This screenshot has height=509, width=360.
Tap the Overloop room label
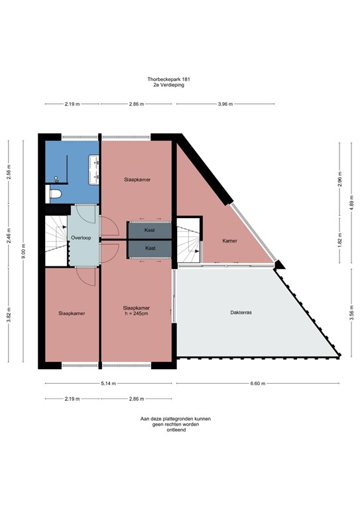click(x=79, y=237)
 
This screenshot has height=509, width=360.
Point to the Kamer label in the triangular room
click(x=229, y=241)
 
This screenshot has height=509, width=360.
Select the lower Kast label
click(x=150, y=248)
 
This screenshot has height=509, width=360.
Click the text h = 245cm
click(x=135, y=313)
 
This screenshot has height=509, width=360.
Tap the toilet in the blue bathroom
click(x=56, y=194)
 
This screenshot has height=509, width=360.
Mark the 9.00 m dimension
click(x=23, y=249)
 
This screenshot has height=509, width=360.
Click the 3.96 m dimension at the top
click(x=226, y=105)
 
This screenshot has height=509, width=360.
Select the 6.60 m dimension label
click(x=259, y=384)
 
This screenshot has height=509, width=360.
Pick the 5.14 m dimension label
click(x=109, y=384)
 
